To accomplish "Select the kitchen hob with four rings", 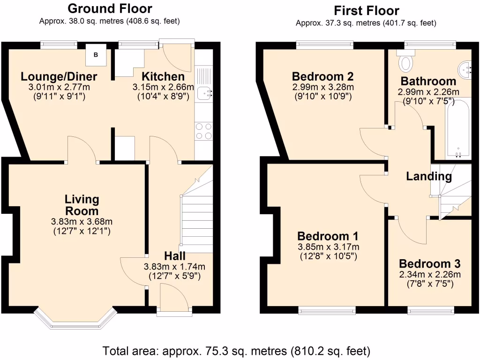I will pyautogui.click(x=203, y=131).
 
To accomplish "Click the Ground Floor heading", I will pyautogui.click(x=110, y=8).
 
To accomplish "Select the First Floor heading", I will pyautogui.click(x=366, y=10).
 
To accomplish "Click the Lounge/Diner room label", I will pyautogui.click(x=59, y=77).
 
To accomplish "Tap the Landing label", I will pyautogui.click(x=428, y=176).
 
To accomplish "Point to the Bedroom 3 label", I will pyautogui.click(x=429, y=263).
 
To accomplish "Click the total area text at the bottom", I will pyautogui.click(x=237, y=350).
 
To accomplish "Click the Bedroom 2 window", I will pyautogui.click(x=325, y=45).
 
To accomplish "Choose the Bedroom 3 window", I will pyautogui.click(x=430, y=310).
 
